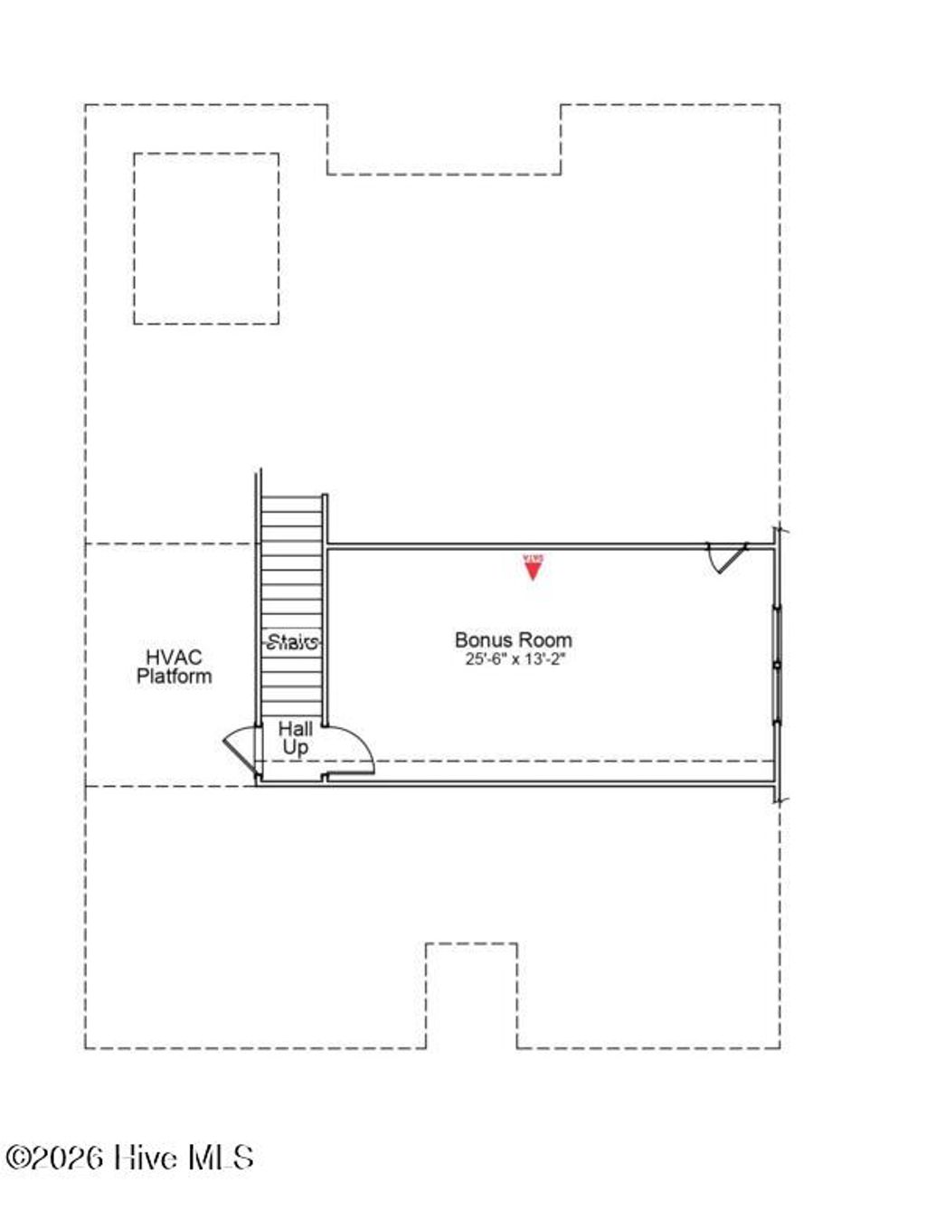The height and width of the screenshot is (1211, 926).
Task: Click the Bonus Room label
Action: pyautogui.click(x=513, y=640)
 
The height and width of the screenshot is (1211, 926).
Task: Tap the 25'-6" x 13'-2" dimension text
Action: pyautogui.click(x=515, y=659)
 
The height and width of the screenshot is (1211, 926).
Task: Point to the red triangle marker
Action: pyautogui.click(x=533, y=567)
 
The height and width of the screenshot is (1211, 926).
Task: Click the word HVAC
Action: pyautogui.click(x=174, y=658)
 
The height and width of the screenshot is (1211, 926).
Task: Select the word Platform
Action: pyautogui.click(x=175, y=676)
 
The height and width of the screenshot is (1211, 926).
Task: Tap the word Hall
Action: pyautogui.click(x=296, y=729)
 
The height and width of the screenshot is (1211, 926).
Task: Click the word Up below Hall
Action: pyautogui.click(x=295, y=747)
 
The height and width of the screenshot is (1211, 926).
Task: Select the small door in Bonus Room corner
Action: pyautogui.click(x=726, y=557)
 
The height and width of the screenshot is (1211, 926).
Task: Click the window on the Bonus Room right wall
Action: pyautogui.click(x=776, y=665)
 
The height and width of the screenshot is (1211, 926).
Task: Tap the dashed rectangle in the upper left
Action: pyautogui.click(x=206, y=238)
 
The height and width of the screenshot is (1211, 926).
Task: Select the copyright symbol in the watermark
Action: pyautogui.click(x=18, y=1158)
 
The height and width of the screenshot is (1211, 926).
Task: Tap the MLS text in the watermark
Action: pyautogui.click(x=221, y=1157)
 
